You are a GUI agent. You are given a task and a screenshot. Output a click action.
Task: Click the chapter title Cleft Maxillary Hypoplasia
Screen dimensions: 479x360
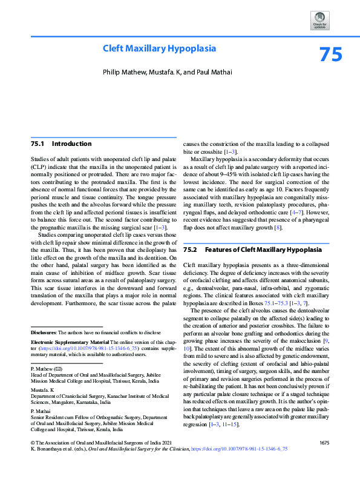pos(159,48)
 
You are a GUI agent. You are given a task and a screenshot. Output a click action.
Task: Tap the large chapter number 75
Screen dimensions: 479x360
pos(330,55)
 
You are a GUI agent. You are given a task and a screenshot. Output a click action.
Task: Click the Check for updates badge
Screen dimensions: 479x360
pos(320,21)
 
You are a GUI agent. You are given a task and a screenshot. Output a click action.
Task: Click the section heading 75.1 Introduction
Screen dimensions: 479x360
pos(61,144)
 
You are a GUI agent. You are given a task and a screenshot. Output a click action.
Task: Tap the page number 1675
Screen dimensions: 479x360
pos(324,460)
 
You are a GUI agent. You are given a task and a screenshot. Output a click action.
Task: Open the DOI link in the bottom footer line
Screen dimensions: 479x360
pos(239,467)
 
